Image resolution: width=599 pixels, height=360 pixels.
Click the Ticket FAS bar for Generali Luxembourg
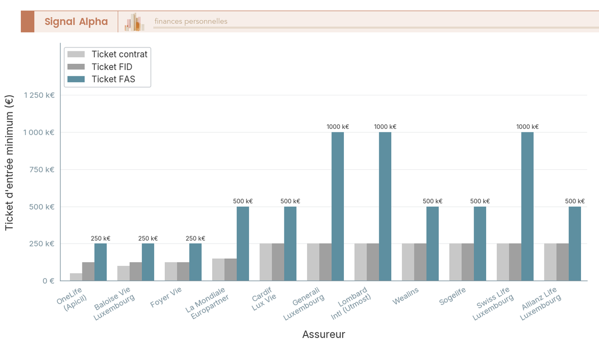point(338,206)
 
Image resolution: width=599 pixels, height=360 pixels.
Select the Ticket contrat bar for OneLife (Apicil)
point(76,277)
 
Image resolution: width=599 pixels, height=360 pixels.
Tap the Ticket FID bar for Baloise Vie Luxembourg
point(136,272)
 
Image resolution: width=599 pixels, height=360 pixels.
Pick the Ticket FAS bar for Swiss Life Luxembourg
point(528,206)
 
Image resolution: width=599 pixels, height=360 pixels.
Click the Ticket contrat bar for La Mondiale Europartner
point(218,270)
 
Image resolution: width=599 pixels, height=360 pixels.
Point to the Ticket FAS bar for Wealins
point(433,244)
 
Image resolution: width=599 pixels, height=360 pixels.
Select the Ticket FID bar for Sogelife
point(468,262)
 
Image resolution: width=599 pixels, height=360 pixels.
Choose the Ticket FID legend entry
point(112,67)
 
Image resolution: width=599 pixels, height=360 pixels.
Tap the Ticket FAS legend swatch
point(76,79)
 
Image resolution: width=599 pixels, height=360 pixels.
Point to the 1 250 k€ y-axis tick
point(39,95)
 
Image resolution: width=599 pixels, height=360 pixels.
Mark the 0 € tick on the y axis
point(48,281)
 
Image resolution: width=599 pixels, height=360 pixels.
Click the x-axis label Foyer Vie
point(166,298)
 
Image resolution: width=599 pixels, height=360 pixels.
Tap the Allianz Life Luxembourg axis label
point(541,304)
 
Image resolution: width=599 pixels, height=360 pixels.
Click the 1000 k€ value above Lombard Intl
point(385,127)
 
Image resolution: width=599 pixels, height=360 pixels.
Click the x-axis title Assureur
point(323,335)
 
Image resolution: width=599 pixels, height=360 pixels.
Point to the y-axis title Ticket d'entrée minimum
point(9,163)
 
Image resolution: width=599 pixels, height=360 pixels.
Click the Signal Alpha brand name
point(76,21)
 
